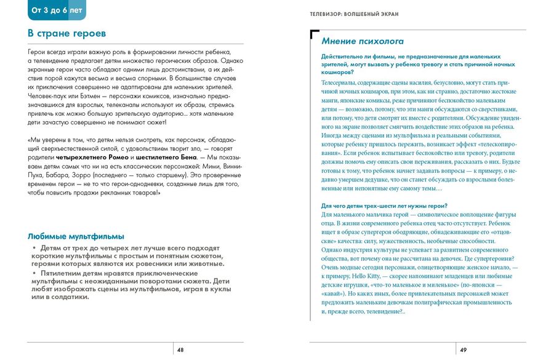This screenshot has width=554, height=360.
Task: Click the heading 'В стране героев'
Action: [x=67, y=33]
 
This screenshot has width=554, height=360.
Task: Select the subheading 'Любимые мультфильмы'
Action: [x=76, y=236]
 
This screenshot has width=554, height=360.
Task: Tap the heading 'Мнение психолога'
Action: [x=363, y=41]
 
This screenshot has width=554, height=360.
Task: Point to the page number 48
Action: [x=180, y=350]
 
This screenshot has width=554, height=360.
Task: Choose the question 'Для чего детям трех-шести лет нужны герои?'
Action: [x=385, y=206]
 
